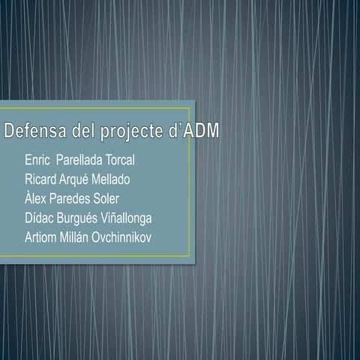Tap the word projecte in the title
point(133,133)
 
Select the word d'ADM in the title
point(193,132)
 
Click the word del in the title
point(84,132)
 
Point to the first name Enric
point(37,160)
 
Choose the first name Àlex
point(37,199)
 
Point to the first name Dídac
point(40,218)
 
